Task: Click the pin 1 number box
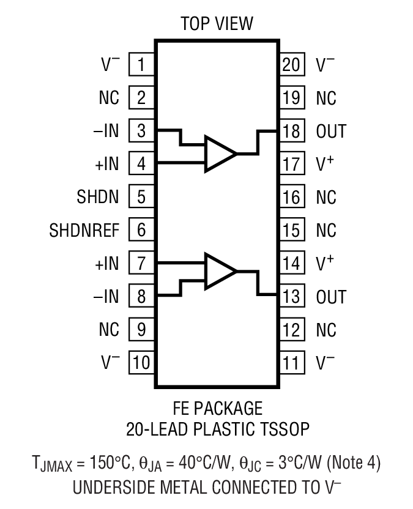point(141,64)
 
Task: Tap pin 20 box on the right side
point(291,64)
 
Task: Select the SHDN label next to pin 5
point(98,197)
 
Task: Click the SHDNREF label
point(84,231)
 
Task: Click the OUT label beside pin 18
point(331,131)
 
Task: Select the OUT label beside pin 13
point(331,297)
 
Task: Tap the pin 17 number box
point(291,164)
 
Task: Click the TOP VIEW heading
point(217,24)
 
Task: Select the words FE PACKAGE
point(217,408)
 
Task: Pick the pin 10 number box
point(141,363)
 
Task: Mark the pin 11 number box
point(291,363)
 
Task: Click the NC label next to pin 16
point(326,198)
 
